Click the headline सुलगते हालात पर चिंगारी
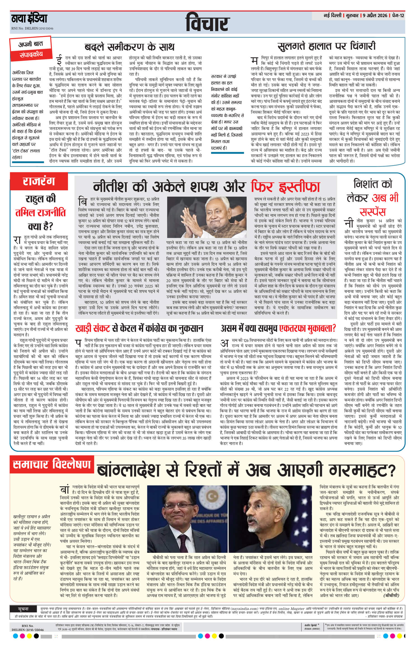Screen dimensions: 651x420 [326, 46]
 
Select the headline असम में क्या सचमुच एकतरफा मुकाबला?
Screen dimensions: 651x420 [278, 328]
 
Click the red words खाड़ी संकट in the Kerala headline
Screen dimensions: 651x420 [94, 328]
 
